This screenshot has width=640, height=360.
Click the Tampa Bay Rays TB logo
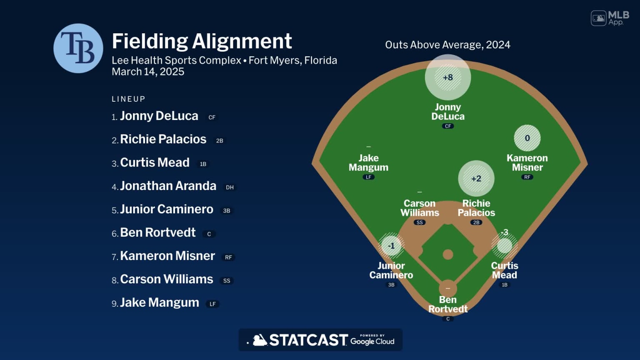[78, 48]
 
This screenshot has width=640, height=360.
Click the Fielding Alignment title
[202, 41]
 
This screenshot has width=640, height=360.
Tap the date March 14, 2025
[148, 72]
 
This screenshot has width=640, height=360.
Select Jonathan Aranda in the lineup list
[168, 186]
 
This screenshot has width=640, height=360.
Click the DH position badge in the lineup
[230, 187]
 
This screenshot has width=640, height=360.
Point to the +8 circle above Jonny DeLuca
[448, 77]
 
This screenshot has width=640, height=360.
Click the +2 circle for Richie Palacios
[476, 178]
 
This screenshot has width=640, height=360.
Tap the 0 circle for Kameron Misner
[527, 138]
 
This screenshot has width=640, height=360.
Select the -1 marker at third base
[391, 246]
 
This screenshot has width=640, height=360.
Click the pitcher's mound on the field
[448, 254]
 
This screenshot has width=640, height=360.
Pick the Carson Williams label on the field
[420, 208]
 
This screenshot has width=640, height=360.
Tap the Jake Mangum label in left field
[368, 162]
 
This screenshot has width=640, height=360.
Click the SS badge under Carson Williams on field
[420, 222]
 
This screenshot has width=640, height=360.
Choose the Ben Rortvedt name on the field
[448, 304]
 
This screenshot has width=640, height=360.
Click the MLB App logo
[610, 18]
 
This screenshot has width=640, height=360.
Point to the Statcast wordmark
[308, 340]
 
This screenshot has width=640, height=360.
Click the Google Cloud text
[372, 341]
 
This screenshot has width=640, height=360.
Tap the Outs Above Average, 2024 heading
[447, 45]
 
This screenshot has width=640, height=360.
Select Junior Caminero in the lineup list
[166, 209]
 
